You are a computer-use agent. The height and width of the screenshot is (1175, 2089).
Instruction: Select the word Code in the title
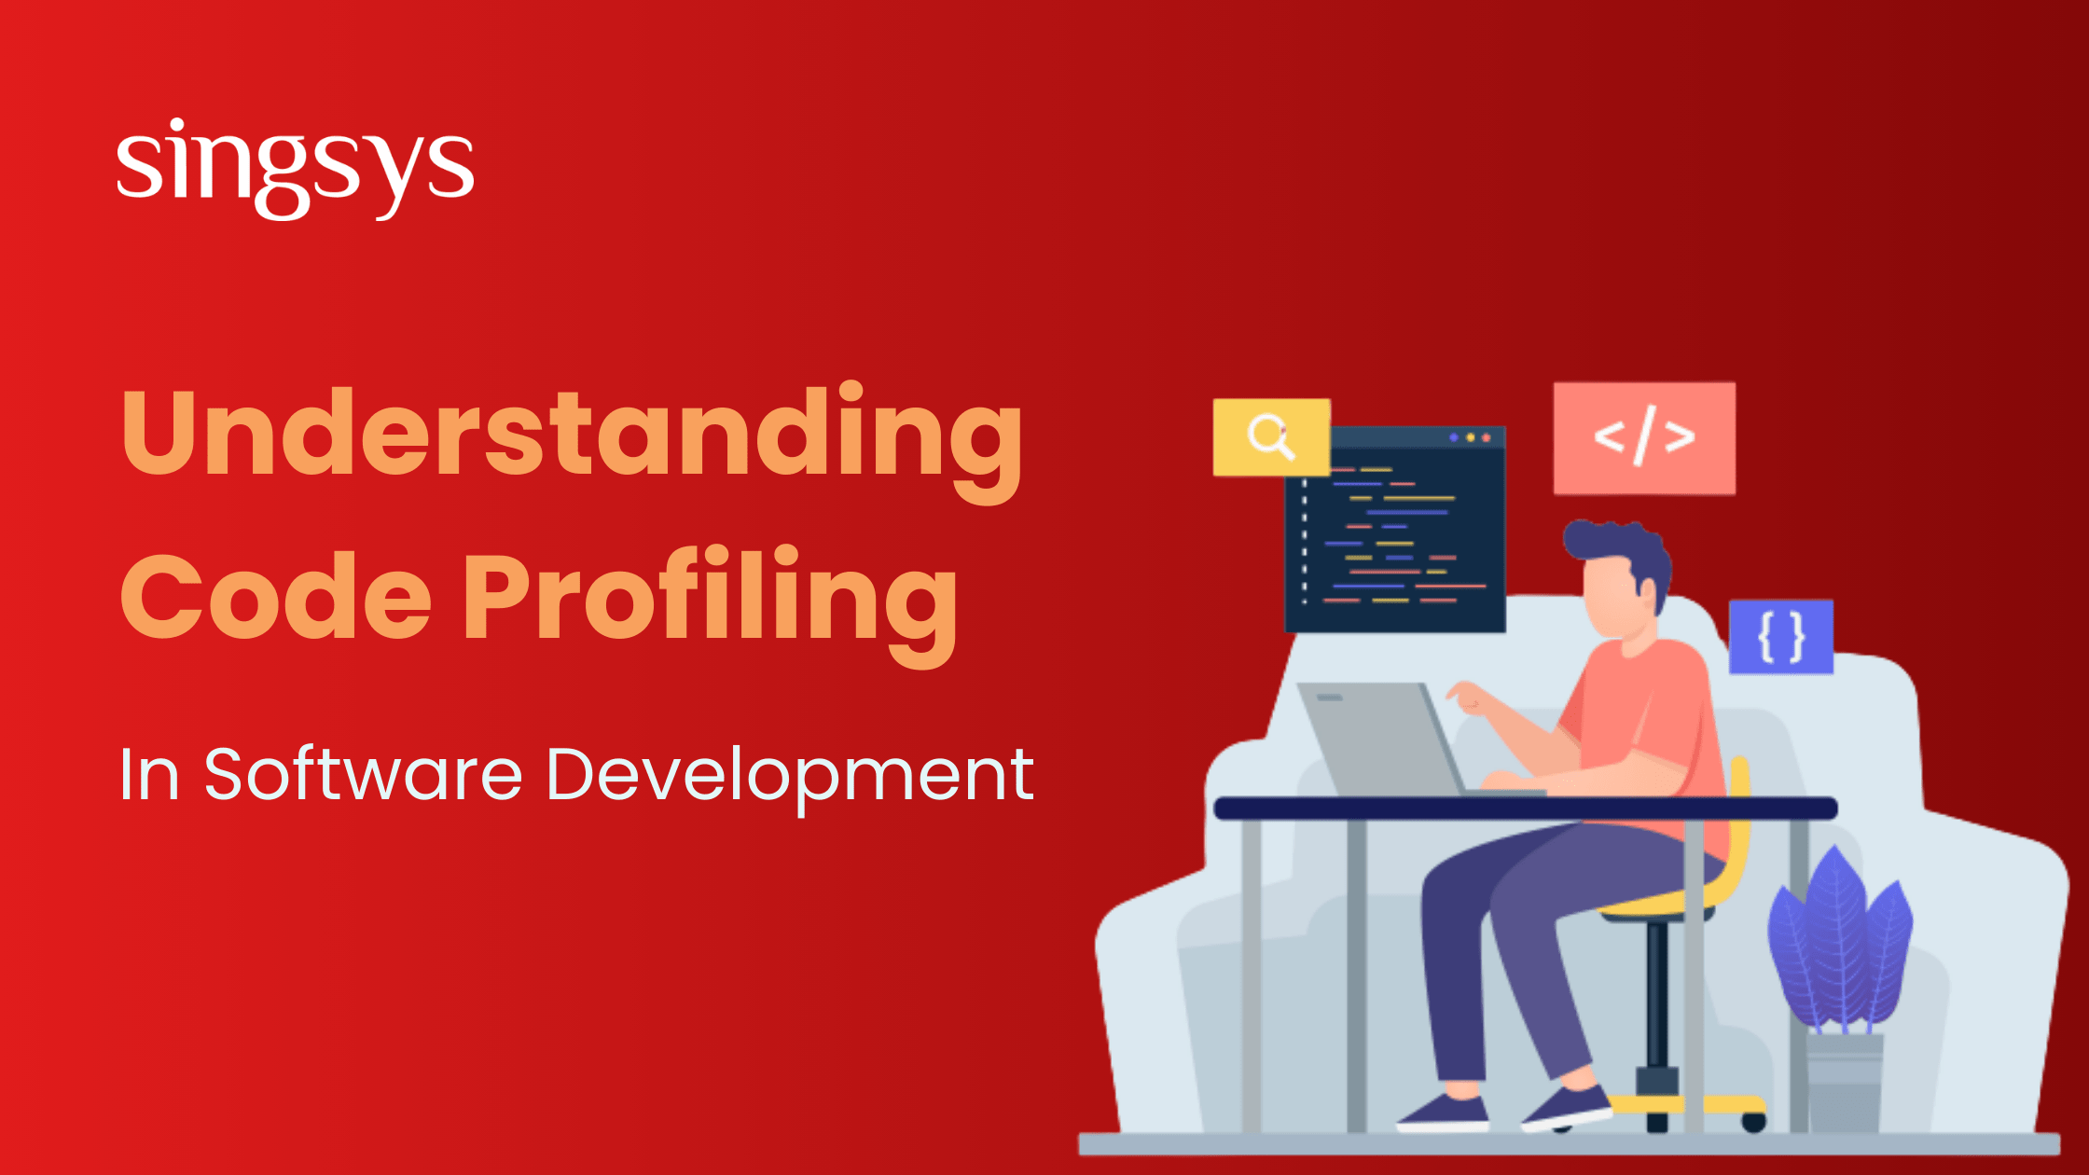point(276,597)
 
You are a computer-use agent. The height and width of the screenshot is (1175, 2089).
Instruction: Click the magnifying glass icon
point(1271,436)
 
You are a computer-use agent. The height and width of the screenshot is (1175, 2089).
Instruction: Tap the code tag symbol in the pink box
point(1644,436)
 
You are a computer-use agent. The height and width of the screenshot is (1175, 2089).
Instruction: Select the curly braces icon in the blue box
point(1781,637)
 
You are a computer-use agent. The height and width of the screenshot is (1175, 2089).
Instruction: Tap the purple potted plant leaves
point(1837,942)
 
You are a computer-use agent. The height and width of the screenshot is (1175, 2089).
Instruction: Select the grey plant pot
point(1845,1082)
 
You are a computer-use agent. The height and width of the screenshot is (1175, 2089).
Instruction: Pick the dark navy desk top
point(1526,809)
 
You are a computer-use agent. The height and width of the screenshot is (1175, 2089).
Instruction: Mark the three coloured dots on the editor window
point(1470,437)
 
